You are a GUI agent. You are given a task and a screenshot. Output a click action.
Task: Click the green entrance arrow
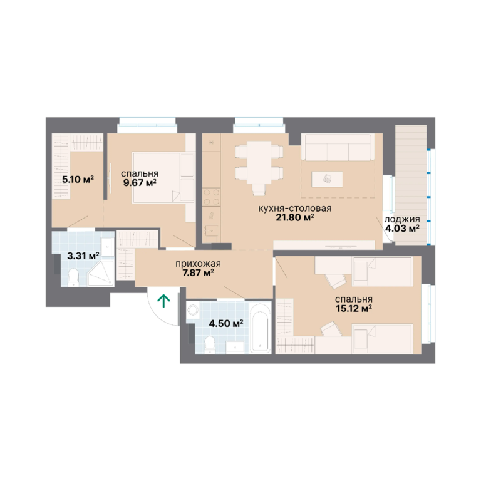[x=164, y=301]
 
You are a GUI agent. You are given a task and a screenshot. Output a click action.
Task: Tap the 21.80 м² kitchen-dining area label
[x=294, y=218]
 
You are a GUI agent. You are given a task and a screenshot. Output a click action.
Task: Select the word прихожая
[x=198, y=264]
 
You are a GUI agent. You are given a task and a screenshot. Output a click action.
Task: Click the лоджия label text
[x=402, y=220]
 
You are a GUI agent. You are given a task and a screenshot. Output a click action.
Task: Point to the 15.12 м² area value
[x=354, y=308]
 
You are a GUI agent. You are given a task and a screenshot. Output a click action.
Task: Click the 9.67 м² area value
[x=140, y=184]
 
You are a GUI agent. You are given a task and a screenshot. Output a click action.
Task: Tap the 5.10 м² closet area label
[x=78, y=179]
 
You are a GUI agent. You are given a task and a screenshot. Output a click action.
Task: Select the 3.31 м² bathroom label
[x=83, y=256]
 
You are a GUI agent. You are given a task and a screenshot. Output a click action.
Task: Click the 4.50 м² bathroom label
[x=226, y=323]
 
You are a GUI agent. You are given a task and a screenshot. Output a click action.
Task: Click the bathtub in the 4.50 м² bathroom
[x=261, y=328]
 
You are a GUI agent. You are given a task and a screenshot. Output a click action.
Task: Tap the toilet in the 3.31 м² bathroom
[x=73, y=277]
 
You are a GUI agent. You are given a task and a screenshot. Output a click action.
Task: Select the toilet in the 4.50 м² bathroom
[x=210, y=345]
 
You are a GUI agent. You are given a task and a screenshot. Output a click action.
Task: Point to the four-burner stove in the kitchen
[x=211, y=197]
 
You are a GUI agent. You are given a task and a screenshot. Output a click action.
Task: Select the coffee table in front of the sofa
[x=328, y=179]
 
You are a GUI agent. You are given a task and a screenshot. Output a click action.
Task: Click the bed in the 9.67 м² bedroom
[x=163, y=177]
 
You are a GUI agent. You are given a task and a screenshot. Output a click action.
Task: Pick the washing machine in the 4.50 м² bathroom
[x=193, y=310]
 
